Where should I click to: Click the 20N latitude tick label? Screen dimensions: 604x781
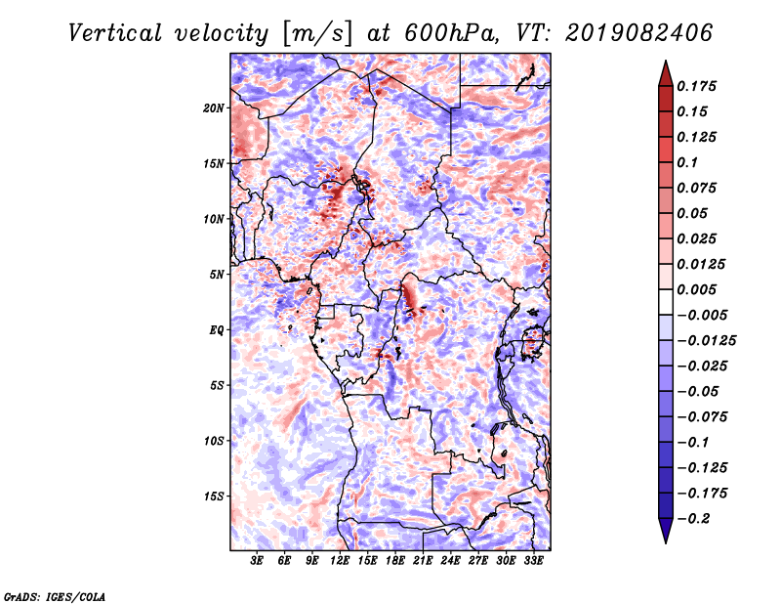[214, 108]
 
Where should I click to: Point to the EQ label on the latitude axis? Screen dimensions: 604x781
[218, 330]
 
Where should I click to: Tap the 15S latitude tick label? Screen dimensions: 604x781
[214, 496]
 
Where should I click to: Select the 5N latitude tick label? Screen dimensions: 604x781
[217, 275]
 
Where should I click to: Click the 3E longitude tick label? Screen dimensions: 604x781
[258, 562]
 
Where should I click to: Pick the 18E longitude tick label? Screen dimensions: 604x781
[395, 562]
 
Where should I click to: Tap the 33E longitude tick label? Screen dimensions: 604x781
[533, 562]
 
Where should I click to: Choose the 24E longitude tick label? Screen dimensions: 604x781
[450, 562]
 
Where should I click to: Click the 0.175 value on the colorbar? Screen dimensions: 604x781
[699, 86]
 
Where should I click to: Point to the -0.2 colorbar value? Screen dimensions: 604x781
[697, 518]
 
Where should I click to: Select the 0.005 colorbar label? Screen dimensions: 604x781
[699, 289]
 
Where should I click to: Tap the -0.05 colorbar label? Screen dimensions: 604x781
[697, 391]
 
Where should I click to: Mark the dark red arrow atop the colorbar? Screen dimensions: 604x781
[665, 72]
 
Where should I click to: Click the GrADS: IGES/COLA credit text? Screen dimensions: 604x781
[54, 594]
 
